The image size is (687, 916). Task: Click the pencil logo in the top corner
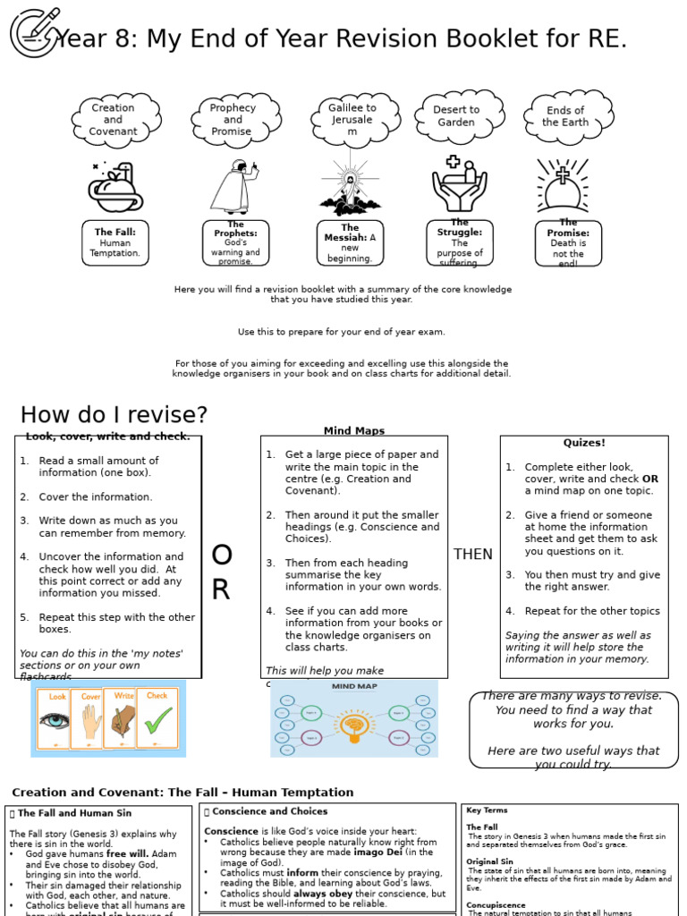[x=35, y=32]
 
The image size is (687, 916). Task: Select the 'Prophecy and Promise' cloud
[x=233, y=120]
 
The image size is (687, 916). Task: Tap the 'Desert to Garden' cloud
[x=456, y=116]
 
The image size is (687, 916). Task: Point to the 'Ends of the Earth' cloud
[x=564, y=117]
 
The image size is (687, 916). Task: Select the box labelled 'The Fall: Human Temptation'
[x=115, y=242]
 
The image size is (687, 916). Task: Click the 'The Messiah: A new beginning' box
[x=350, y=243]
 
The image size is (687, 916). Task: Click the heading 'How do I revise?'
[x=114, y=415]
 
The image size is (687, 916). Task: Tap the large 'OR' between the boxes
[x=221, y=572]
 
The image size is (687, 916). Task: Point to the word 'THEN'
[x=473, y=555]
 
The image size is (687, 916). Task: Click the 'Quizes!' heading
[x=584, y=443]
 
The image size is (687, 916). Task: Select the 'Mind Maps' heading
[x=354, y=431]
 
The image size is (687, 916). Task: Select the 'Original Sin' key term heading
[x=488, y=861]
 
